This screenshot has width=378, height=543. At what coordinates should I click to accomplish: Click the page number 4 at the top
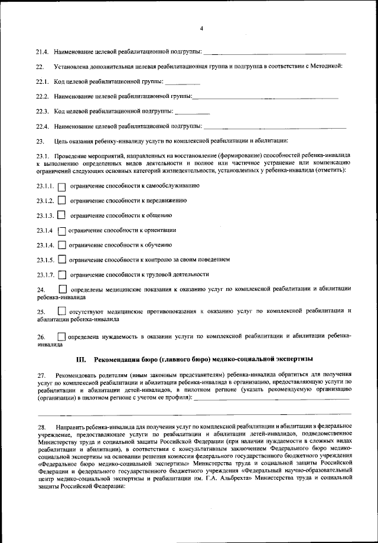tap(201, 28)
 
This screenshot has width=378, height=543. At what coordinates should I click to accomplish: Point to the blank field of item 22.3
tap(193, 112)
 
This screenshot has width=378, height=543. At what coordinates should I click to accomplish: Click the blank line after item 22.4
tap(275, 126)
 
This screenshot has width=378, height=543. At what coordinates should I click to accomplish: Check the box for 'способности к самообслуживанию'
tap(63, 187)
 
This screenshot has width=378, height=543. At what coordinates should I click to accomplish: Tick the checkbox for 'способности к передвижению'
tap(63, 201)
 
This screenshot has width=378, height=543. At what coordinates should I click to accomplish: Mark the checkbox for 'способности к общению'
tap(61, 215)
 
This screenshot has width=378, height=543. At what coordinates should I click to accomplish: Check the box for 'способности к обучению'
tap(61, 245)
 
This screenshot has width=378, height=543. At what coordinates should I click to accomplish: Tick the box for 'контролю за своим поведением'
tap(61, 260)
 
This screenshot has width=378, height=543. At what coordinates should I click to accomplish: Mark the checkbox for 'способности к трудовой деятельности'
tap(62, 274)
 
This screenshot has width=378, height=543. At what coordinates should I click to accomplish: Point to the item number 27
tap(41, 375)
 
